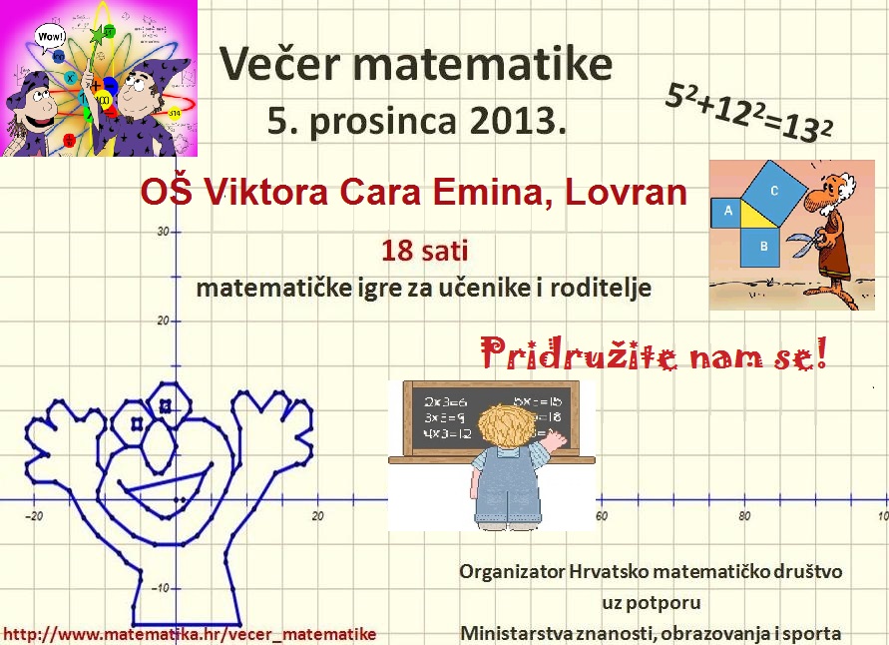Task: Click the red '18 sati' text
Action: pos(425,251)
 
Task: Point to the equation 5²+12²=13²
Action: pos(748,112)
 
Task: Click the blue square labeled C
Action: pos(774,190)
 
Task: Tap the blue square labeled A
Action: pos(728,212)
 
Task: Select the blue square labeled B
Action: pos(763,247)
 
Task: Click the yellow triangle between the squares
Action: pos(758,215)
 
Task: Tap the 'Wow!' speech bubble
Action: pos(50,37)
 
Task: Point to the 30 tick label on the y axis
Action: pos(163,232)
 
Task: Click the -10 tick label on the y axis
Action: pos(160,588)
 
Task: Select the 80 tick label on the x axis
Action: pos(744,515)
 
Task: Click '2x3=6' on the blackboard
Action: pos(445,402)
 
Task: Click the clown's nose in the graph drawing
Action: pos(159,446)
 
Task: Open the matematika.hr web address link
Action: pos(190,634)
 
